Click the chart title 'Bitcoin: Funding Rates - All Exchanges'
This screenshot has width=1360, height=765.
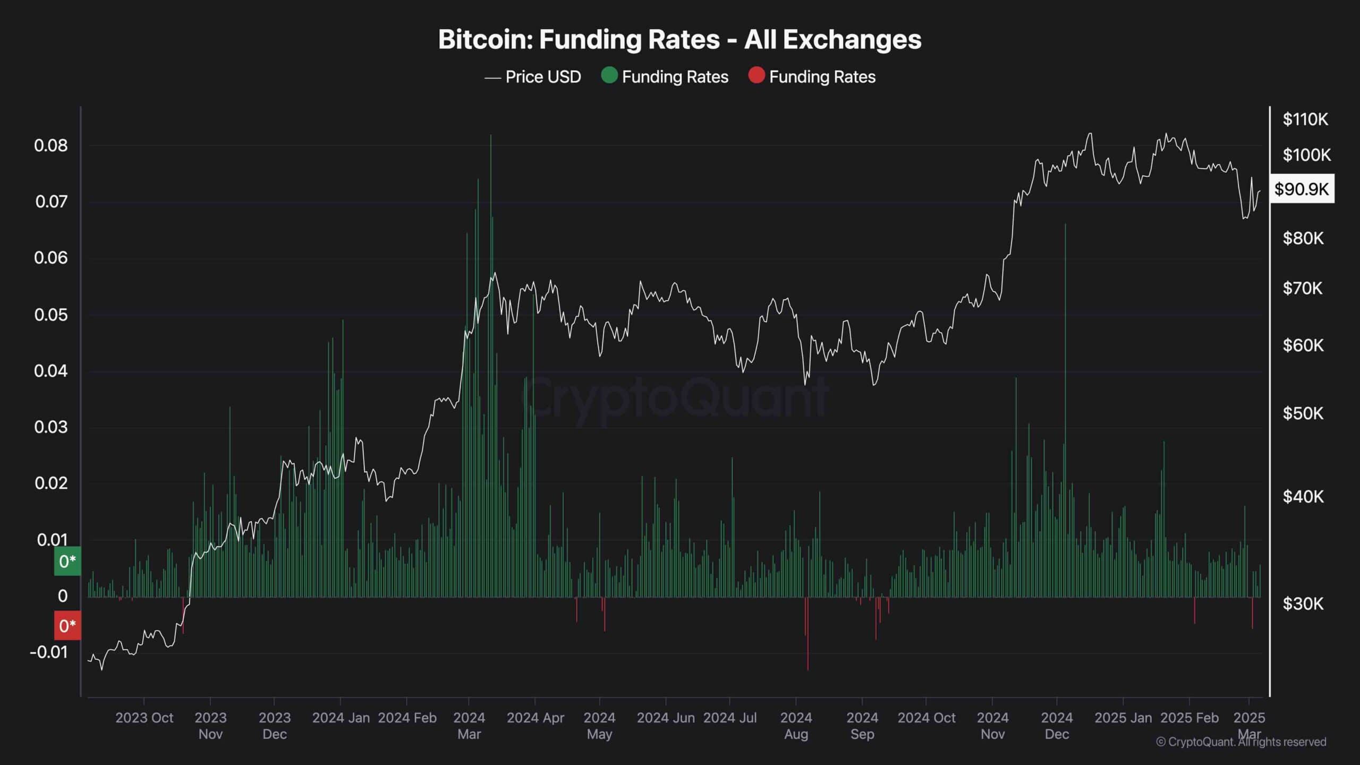pos(679,40)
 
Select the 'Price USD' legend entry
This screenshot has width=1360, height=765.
pos(532,77)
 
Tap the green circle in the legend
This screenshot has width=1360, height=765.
pos(609,76)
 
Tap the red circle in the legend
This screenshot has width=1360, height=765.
pos(756,76)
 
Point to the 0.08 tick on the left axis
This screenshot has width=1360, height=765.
pos(51,146)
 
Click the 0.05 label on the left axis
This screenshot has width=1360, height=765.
pos(51,314)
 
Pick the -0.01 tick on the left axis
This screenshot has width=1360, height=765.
pos(49,652)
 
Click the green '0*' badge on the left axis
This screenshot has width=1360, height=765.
pos(67,561)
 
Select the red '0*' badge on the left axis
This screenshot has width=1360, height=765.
pos(67,626)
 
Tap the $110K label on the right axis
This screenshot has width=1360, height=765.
pos(1305,119)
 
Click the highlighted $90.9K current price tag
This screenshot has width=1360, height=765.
pos(1302,189)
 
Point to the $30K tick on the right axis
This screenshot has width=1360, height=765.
pos(1303,603)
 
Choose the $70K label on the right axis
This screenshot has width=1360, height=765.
pos(1303,288)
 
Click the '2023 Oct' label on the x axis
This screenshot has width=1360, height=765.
pos(144,718)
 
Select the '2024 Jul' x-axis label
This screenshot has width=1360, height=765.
pos(730,718)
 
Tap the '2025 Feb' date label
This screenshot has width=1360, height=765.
pos(1189,718)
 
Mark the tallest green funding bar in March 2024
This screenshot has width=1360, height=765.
pos(491,366)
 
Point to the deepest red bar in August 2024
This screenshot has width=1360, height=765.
pos(808,634)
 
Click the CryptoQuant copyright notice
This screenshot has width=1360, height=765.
pos(1241,742)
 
